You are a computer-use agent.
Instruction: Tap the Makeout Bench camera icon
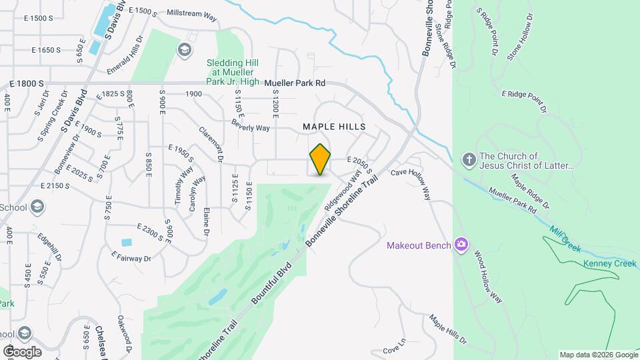point(461,245)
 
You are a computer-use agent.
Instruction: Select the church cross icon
point(469,159)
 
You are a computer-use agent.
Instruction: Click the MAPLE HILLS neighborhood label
point(335,126)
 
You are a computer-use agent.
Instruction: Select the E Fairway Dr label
point(132,256)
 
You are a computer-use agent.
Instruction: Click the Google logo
point(22,351)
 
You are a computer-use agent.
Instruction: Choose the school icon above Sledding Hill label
point(184,49)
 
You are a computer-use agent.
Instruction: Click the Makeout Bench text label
point(419,245)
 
